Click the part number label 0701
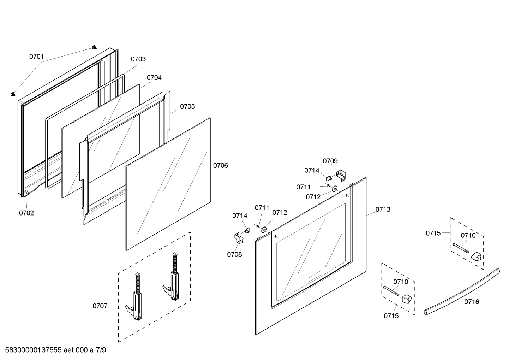36,57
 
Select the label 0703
138,59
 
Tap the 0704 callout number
154,78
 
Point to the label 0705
187,106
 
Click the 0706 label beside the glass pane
221,165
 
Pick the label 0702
26,213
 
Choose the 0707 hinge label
100,306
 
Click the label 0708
234,254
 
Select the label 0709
330,161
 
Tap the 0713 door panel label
383,209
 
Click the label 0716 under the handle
472,301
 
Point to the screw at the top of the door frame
94,47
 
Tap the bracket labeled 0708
239,238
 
